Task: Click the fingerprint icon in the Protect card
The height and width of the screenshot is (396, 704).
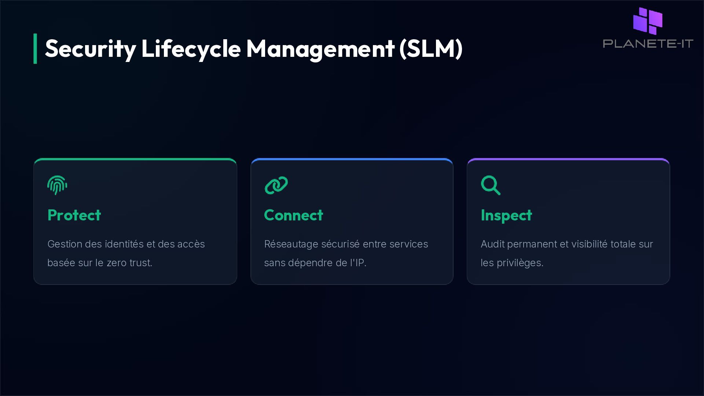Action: coord(57,185)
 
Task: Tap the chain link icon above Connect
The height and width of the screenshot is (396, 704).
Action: coord(276,185)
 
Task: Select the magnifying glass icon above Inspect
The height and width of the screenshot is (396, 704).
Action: coord(491,185)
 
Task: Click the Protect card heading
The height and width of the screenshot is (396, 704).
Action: coord(74,215)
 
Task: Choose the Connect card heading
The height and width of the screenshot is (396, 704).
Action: coord(293,215)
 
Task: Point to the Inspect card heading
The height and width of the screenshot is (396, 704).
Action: coord(506,215)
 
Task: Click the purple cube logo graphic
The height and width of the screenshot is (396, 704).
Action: coord(648,21)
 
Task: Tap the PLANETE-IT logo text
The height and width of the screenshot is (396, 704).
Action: coord(648,44)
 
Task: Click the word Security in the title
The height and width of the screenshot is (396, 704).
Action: coord(90,49)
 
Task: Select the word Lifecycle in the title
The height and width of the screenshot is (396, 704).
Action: coord(191,49)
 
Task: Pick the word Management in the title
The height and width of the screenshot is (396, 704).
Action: coord(320,49)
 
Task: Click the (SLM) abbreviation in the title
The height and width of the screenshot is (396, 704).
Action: coord(431,49)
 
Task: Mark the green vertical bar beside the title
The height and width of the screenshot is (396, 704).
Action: coord(35,49)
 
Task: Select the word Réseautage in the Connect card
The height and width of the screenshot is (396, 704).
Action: coord(291,244)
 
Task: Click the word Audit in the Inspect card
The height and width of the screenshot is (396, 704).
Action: coord(492,244)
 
